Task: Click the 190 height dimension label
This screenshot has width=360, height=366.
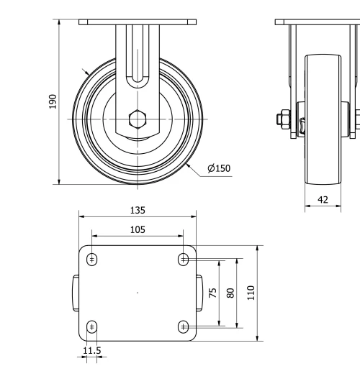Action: (52, 102)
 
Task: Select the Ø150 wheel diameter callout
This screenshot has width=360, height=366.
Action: (219, 169)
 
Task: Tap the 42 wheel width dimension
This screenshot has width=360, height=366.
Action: (323, 199)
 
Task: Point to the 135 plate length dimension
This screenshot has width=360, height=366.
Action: (138, 210)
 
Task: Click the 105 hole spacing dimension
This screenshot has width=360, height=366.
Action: (138, 229)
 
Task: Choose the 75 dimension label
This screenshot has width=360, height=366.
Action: (212, 293)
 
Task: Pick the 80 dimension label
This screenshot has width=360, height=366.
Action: (231, 293)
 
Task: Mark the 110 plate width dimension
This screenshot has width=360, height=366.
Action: (251, 293)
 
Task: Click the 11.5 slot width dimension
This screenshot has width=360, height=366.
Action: (92, 350)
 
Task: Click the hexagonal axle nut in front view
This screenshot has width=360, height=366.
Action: (137, 119)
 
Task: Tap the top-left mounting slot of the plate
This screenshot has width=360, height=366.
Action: (92, 259)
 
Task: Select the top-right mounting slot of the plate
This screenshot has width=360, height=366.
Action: (183, 259)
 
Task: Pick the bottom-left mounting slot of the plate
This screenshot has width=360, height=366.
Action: (92, 327)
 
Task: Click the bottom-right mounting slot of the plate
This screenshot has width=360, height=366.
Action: (183, 327)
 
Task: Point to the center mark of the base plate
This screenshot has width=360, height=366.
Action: (138, 293)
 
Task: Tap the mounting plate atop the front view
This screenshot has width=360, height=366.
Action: (137, 22)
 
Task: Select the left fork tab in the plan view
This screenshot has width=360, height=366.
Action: (74, 293)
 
